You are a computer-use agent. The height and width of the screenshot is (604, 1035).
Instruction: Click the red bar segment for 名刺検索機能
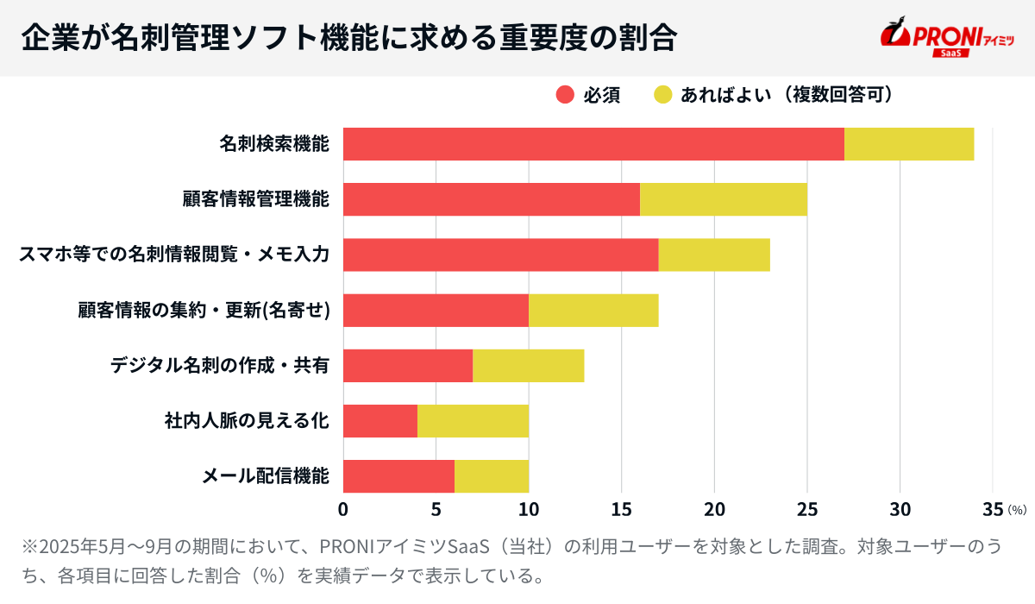click(x=593, y=144)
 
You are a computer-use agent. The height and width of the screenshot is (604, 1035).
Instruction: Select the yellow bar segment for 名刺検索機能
click(x=909, y=144)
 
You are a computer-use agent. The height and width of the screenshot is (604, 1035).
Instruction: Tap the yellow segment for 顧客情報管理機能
click(x=724, y=199)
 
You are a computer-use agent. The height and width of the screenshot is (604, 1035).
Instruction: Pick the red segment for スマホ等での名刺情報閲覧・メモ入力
click(x=500, y=255)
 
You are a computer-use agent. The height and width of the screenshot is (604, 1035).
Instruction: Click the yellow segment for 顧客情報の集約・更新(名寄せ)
click(x=593, y=310)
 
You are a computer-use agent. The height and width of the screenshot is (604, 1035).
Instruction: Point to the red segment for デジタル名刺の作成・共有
click(x=408, y=366)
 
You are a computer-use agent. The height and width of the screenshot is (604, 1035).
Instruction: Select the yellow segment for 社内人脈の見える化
click(x=473, y=421)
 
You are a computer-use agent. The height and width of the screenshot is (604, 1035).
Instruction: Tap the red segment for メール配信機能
click(x=398, y=476)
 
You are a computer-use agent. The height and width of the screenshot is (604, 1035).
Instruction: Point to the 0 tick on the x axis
click(x=343, y=509)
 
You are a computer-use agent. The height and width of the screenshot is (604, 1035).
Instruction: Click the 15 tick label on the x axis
click(x=622, y=509)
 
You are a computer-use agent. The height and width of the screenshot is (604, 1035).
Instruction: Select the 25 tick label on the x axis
click(x=807, y=509)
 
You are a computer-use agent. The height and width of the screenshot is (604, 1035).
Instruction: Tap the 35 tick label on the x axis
click(x=992, y=509)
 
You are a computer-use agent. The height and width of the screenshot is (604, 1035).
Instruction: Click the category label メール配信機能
click(x=266, y=476)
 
